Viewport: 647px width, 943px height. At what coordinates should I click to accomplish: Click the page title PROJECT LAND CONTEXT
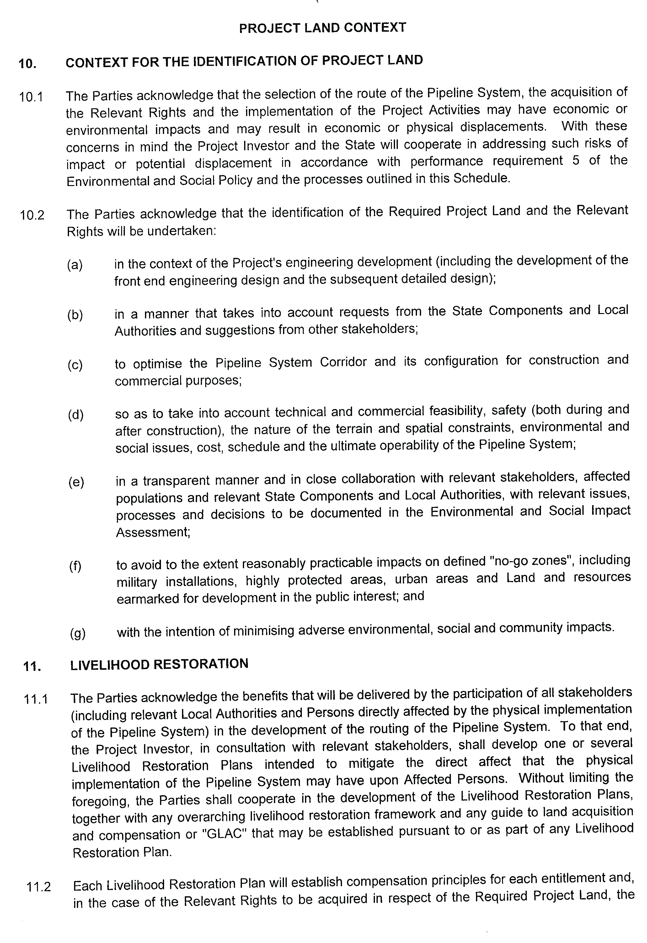(322, 28)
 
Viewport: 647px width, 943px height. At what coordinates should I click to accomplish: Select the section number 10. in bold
(27, 64)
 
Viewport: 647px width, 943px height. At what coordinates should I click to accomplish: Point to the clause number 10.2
(32, 215)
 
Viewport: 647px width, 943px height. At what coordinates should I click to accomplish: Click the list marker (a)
(75, 265)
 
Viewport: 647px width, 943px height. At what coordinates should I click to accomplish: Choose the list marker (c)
(75, 365)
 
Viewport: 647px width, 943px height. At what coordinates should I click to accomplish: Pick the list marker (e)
(76, 482)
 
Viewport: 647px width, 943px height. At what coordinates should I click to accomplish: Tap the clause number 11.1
(36, 699)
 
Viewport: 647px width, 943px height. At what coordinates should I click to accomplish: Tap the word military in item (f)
(136, 582)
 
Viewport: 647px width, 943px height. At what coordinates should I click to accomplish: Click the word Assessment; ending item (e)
(153, 532)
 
